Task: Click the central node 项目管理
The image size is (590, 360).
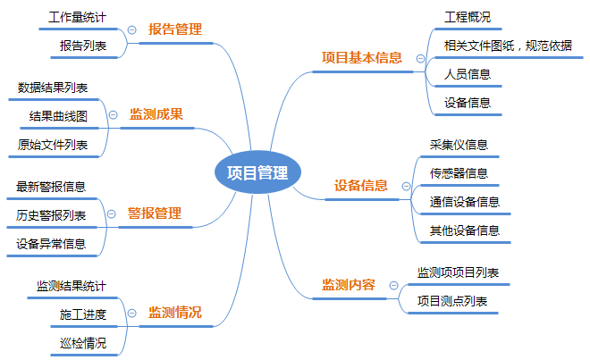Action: pyautogui.click(x=257, y=172)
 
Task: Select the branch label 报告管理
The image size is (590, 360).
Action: pyautogui.click(x=175, y=29)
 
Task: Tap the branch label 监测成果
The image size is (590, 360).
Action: pyautogui.click(x=156, y=114)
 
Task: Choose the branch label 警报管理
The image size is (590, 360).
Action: pyautogui.click(x=155, y=213)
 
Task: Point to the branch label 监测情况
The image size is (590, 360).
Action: pyautogui.click(x=174, y=313)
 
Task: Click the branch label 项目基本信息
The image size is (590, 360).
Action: pyautogui.click(x=362, y=57)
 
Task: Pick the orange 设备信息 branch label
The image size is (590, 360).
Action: pyautogui.click(x=361, y=186)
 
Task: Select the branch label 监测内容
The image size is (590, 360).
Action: pyautogui.click(x=349, y=285)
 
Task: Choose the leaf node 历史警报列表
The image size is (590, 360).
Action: pyautogui.click(x=51, y=214)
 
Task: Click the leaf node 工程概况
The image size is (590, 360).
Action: pyautogui.click(x=467, y=17)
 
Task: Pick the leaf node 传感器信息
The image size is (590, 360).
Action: pyautogui.click(x=459, y=172)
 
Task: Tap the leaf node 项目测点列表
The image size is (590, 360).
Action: pyautogui.click(x=452, y=301)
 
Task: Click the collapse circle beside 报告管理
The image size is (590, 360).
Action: pyautogui.click(x=132, y=30)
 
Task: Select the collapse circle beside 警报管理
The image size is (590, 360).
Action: pyautogui.click(x=112, y=214)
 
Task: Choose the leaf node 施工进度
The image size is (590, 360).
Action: pyautogui.click(x=83, y=314)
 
